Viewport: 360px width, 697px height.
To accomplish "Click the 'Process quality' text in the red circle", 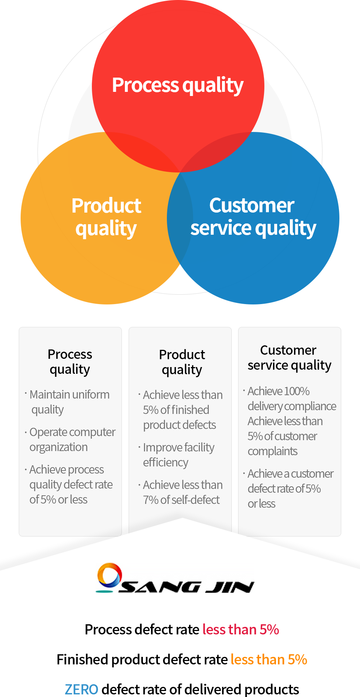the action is (178, 85).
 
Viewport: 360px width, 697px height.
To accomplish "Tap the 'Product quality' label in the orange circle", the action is (106, 217).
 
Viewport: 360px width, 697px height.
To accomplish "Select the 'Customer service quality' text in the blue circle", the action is (253, 217).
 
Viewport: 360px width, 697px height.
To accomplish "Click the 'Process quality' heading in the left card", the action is (70, 362).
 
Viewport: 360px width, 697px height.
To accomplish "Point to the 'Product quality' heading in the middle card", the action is (182, 362).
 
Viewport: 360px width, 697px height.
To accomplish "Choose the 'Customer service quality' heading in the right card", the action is (289, 358).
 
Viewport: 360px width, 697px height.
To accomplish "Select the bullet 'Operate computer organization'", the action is (70, 439).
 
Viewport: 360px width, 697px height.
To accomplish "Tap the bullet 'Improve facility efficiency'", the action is (176, 455).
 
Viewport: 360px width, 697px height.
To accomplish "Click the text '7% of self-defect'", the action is (181, 500).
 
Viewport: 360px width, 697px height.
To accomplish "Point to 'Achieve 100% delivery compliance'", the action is (290, 399).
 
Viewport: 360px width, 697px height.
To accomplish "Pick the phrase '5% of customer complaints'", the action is (282, 444).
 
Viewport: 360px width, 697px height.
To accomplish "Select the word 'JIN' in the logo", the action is (230, 587).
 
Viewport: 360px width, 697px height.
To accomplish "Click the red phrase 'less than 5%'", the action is (241, 630).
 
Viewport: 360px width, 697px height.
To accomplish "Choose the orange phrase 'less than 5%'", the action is (269, 660).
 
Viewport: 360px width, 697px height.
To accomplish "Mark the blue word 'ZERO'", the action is (81, 690).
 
